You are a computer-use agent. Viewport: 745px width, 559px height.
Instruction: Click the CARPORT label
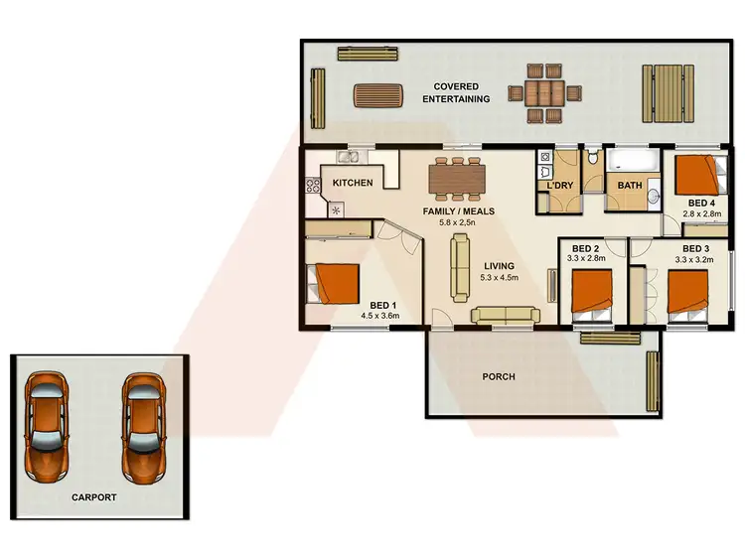tap(93, 496)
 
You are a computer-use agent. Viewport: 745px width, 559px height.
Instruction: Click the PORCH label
tap(498, 376)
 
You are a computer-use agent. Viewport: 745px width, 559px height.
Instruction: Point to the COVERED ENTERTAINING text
tap(457, 92)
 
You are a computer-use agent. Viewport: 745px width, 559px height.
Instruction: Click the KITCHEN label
tap(353, 183)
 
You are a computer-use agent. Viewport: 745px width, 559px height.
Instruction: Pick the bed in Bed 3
tap(687, 292)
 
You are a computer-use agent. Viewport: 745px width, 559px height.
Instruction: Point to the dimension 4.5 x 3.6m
tap(379, 317)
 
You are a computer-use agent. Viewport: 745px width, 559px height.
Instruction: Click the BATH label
tap(630, 186)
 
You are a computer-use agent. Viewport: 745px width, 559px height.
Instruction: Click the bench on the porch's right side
tap(653, 380)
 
